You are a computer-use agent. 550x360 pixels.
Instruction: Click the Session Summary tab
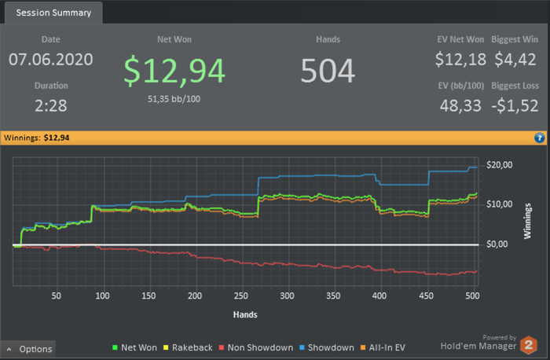click(52, 13)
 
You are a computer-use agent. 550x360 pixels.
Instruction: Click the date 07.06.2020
click(51, 59)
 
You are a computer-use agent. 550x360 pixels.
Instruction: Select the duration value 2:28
click(51, 105)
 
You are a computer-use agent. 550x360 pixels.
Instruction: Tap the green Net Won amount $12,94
click(174, 71)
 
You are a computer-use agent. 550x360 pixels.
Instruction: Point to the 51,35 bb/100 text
click(174, 100)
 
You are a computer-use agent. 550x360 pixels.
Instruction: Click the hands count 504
click(328, 71)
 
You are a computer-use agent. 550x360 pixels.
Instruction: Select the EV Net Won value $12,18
click(460, 59)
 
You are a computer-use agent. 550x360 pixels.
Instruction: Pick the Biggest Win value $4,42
click(515, 59)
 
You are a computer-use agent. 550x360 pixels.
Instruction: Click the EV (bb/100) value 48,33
click(460, 105)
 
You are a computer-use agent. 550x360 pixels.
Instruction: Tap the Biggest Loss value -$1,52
click(515, 105)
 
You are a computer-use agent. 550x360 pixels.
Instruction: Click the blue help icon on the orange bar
click(539, 138)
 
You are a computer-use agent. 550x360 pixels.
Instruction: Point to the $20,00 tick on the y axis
click(500, 164)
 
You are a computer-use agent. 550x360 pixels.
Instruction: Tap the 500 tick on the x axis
click(471, 296)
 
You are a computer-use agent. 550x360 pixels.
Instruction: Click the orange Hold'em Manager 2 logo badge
click(530, 343)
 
